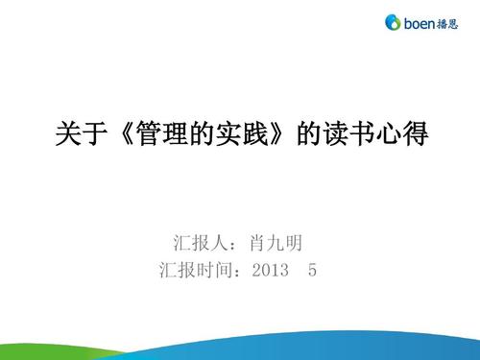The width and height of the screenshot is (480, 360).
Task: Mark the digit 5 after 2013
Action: click(313, 270)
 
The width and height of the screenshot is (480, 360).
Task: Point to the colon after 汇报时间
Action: click(239, 271)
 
